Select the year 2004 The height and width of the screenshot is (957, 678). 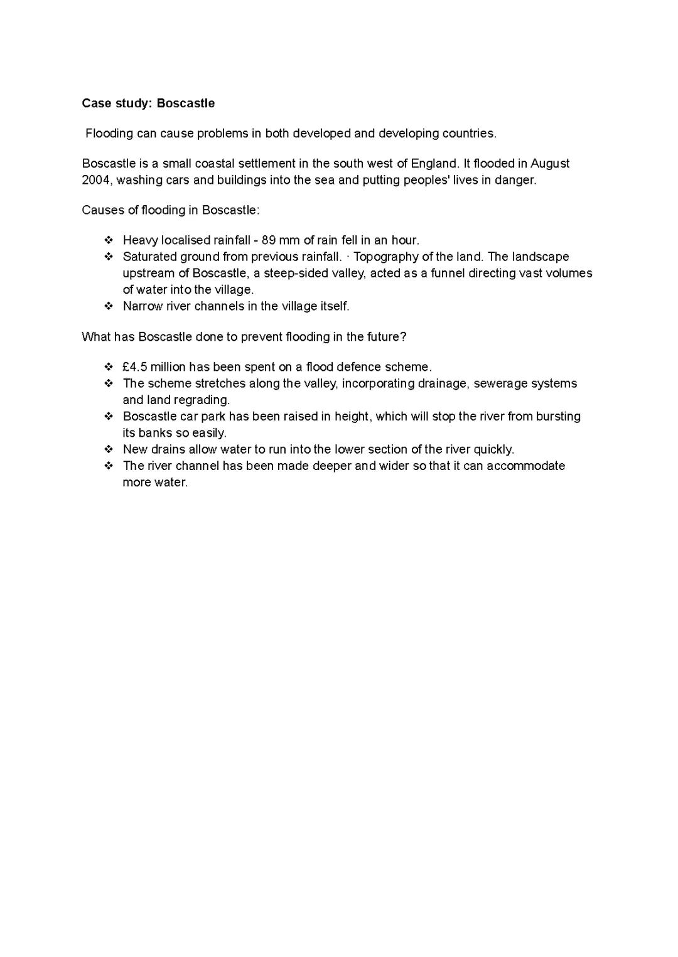coord(96,180)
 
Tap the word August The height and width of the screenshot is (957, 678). coord(550,164)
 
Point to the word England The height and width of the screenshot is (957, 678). coord(434,164)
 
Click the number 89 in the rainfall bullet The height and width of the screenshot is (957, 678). coord(269,240)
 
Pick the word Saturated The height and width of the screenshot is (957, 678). coord(149,257)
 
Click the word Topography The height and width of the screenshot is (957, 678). coord(385,257)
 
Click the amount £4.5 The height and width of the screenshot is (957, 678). coord(135,367)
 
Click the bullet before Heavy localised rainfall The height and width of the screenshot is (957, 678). coord(109,240)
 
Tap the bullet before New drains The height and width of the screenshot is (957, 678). coord(109,449)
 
